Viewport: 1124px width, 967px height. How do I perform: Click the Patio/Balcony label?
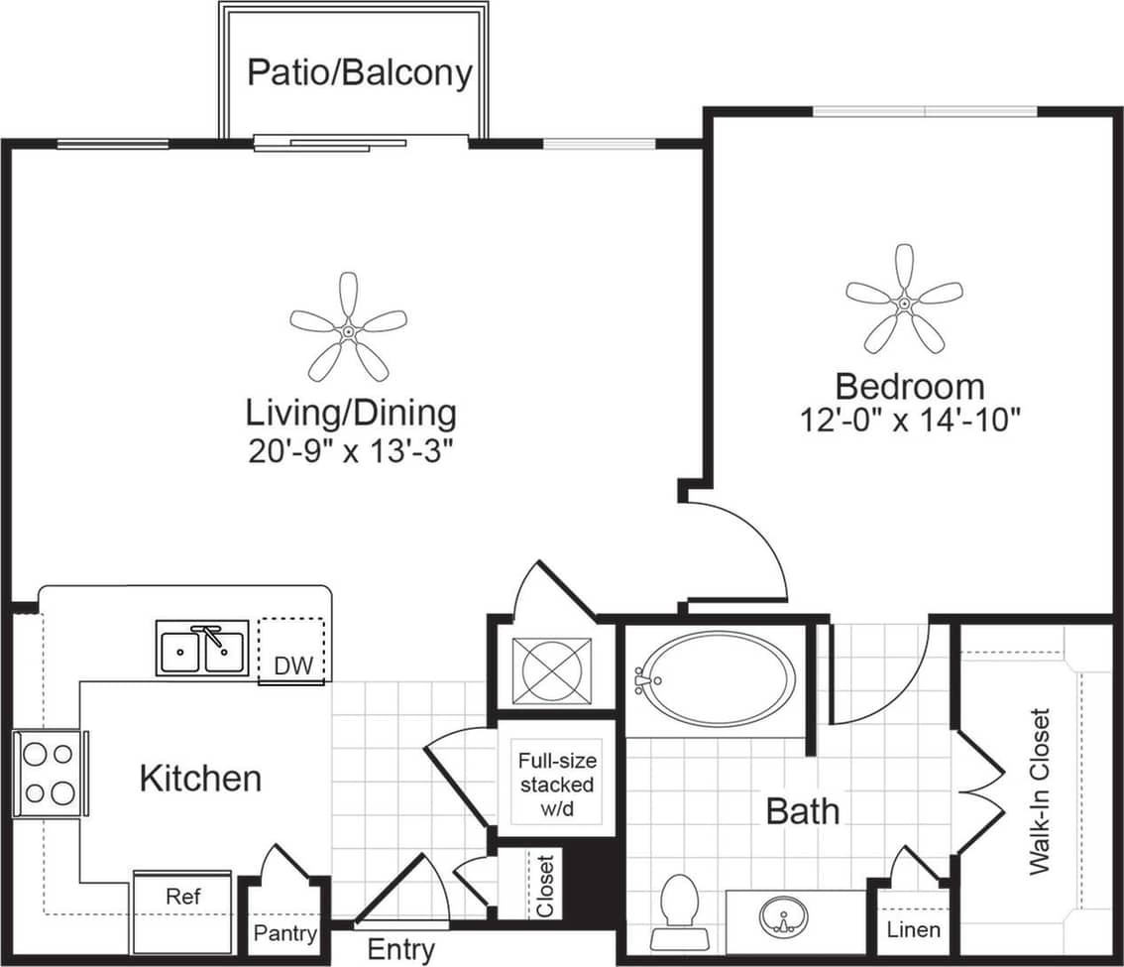(359, 72)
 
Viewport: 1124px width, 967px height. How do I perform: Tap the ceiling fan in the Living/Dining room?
(349, 327)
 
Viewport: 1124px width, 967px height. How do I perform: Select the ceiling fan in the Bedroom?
(904, 300)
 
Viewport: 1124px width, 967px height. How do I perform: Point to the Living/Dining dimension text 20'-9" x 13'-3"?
(350, 451)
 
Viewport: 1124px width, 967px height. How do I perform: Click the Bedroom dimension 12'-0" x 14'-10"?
(910, 421)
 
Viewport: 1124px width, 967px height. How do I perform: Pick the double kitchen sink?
(202, 649)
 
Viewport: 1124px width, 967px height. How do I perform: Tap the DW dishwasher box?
(291, 651)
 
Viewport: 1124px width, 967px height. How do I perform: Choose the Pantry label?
(285, 933)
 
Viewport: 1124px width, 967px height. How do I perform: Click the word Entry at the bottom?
(400, 949)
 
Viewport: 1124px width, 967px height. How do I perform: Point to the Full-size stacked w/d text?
(556, 785)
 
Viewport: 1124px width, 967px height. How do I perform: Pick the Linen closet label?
(913, 930)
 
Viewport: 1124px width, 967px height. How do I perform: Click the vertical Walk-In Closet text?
(1039, 790)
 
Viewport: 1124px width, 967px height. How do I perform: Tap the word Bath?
(803, 811)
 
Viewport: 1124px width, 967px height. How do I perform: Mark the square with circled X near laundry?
(551, 668)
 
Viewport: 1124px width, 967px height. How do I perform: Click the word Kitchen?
(200, 779)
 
